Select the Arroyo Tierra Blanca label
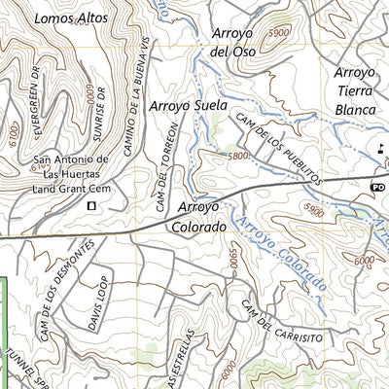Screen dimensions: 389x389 (354, 91)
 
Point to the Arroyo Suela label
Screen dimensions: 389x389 (188, 104)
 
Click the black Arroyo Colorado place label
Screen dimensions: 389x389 (202, 216)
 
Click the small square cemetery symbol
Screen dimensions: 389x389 (92, 206)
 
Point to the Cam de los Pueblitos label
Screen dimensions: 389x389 (276, 149)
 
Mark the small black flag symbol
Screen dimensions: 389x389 (382, 148)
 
